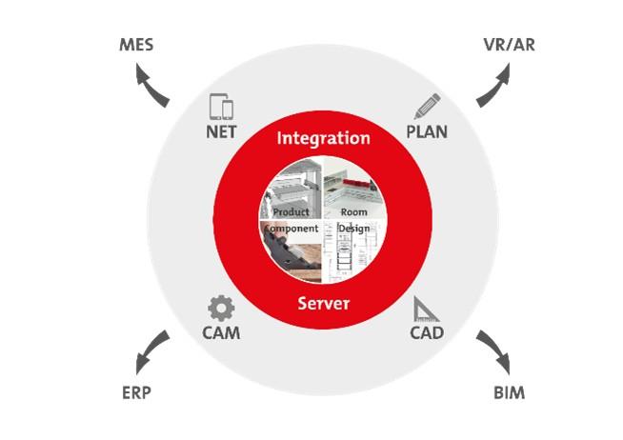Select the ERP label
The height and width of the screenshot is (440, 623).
[x=136, y=393]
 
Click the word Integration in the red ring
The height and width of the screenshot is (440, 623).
[x=323, y=138]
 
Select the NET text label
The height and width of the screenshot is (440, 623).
[x=221, y=132]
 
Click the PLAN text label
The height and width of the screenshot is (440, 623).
[x=427, y=132]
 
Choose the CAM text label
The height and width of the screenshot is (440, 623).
[x=221, y=333]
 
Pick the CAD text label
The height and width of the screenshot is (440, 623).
[x=427, y=333]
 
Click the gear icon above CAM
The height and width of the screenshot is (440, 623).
[x=221, y=308]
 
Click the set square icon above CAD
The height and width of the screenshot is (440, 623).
[x=424, y=309]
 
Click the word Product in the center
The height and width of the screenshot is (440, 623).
[x=291, y=211]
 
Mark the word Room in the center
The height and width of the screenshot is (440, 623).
[x=353, y=211]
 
